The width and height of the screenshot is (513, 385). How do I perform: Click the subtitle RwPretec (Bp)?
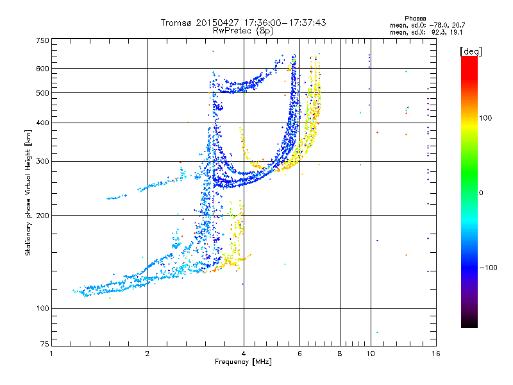pos(244,30)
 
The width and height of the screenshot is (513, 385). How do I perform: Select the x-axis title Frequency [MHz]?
pos(243,362)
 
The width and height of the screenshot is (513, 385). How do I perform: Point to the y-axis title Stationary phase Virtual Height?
pos(28,193)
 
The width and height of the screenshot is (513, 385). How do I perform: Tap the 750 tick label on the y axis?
pos(42,40)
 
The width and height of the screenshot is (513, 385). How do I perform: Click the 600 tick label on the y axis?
pos(42,68)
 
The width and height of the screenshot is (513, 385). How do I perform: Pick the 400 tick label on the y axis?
pos(42,123)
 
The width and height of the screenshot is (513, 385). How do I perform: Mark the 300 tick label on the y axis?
pos(42,161)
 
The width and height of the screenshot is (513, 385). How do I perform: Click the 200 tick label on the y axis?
pos(42,215)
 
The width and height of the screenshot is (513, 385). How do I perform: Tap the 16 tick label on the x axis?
pos(435,354)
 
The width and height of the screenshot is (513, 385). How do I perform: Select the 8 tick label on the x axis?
pos(340,354)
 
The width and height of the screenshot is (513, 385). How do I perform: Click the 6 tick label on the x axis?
pos(299,354)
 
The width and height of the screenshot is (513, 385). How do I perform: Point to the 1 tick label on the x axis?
pos(52,354)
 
